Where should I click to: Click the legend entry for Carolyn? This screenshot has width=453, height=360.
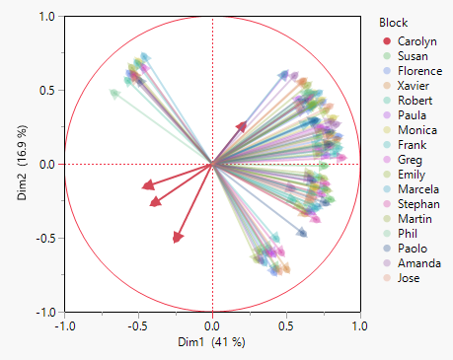418,42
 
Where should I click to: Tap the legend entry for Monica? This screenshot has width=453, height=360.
416,131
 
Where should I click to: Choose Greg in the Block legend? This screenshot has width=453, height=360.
411,161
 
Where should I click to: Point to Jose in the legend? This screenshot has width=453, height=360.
411,279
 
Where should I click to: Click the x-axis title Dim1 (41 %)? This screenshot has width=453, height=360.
211,342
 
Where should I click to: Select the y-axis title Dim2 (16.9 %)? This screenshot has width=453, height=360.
22,165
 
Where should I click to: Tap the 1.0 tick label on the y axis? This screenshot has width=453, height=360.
45,17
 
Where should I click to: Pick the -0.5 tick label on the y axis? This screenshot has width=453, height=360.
43,239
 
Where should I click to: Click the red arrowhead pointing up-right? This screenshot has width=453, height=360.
243,125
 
